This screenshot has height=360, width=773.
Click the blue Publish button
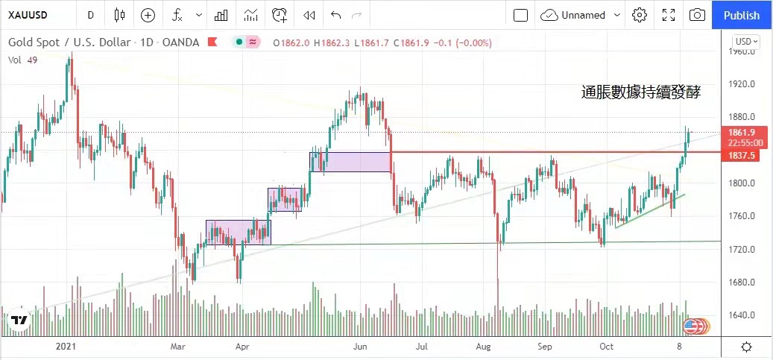(x=742, y=15)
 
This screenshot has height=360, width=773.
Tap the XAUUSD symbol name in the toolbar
(x=28, y=15)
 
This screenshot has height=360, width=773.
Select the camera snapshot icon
(x=697, y=15)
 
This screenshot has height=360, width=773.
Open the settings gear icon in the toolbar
(x=639, y=15)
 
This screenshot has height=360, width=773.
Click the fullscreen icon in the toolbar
(x=669, y=15)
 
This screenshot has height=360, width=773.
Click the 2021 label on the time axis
(x=66, y=347)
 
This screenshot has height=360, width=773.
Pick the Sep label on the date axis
(x=544, y=347)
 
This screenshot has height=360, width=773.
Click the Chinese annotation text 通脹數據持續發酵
(x=641, y=93)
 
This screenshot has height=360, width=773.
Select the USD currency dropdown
(x=746, y=42)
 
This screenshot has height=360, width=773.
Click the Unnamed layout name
(x=584, y=15)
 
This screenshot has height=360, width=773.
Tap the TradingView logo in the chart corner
(x=19, y=320)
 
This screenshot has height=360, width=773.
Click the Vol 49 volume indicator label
(x=23, y=60)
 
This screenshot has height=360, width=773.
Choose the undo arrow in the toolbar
(x=335, y=15)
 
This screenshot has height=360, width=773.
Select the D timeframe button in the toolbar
(x=90, y=15)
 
